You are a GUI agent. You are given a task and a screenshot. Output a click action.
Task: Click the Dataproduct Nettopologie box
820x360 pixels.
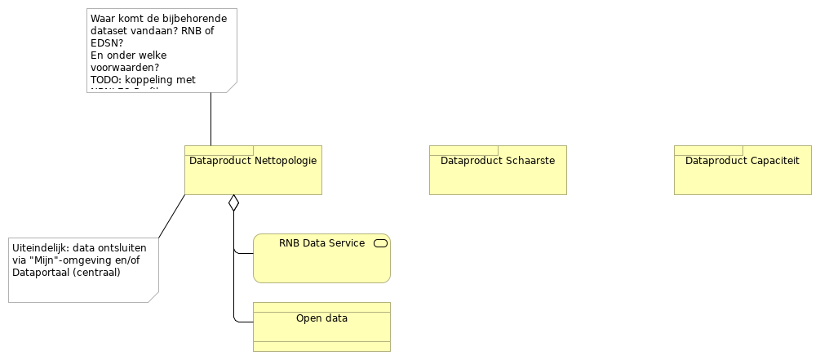pos(253,176)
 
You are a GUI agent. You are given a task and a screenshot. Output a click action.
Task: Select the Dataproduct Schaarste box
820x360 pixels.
pos(498,176)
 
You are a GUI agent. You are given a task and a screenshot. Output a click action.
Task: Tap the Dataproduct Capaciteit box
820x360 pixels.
pos(742,176)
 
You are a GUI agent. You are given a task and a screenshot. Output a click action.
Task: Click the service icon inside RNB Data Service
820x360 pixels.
pos(379,243)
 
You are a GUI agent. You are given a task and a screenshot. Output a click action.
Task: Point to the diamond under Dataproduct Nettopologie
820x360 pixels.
pos(233,202)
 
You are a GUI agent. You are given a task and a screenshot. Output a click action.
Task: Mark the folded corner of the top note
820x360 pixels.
pos(231,87)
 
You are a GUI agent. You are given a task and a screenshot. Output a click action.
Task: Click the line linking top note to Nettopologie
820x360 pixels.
pos(211,119)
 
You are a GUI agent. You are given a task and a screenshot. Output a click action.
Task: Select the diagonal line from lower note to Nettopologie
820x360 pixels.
pos(171,216)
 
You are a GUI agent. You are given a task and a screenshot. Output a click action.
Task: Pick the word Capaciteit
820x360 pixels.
pos(772,161)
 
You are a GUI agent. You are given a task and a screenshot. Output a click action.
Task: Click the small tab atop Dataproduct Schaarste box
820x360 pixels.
pos(463,150)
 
